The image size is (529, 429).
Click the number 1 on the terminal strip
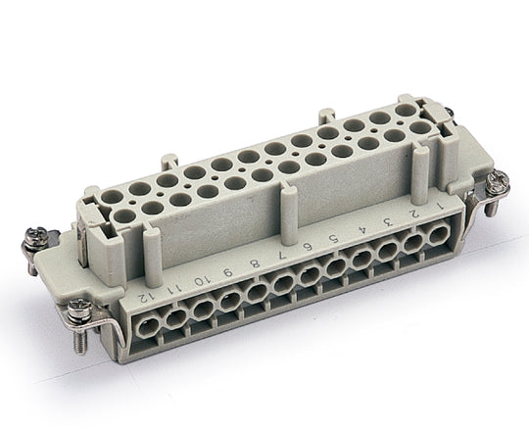[442, 209]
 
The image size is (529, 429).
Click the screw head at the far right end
[497, 181]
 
